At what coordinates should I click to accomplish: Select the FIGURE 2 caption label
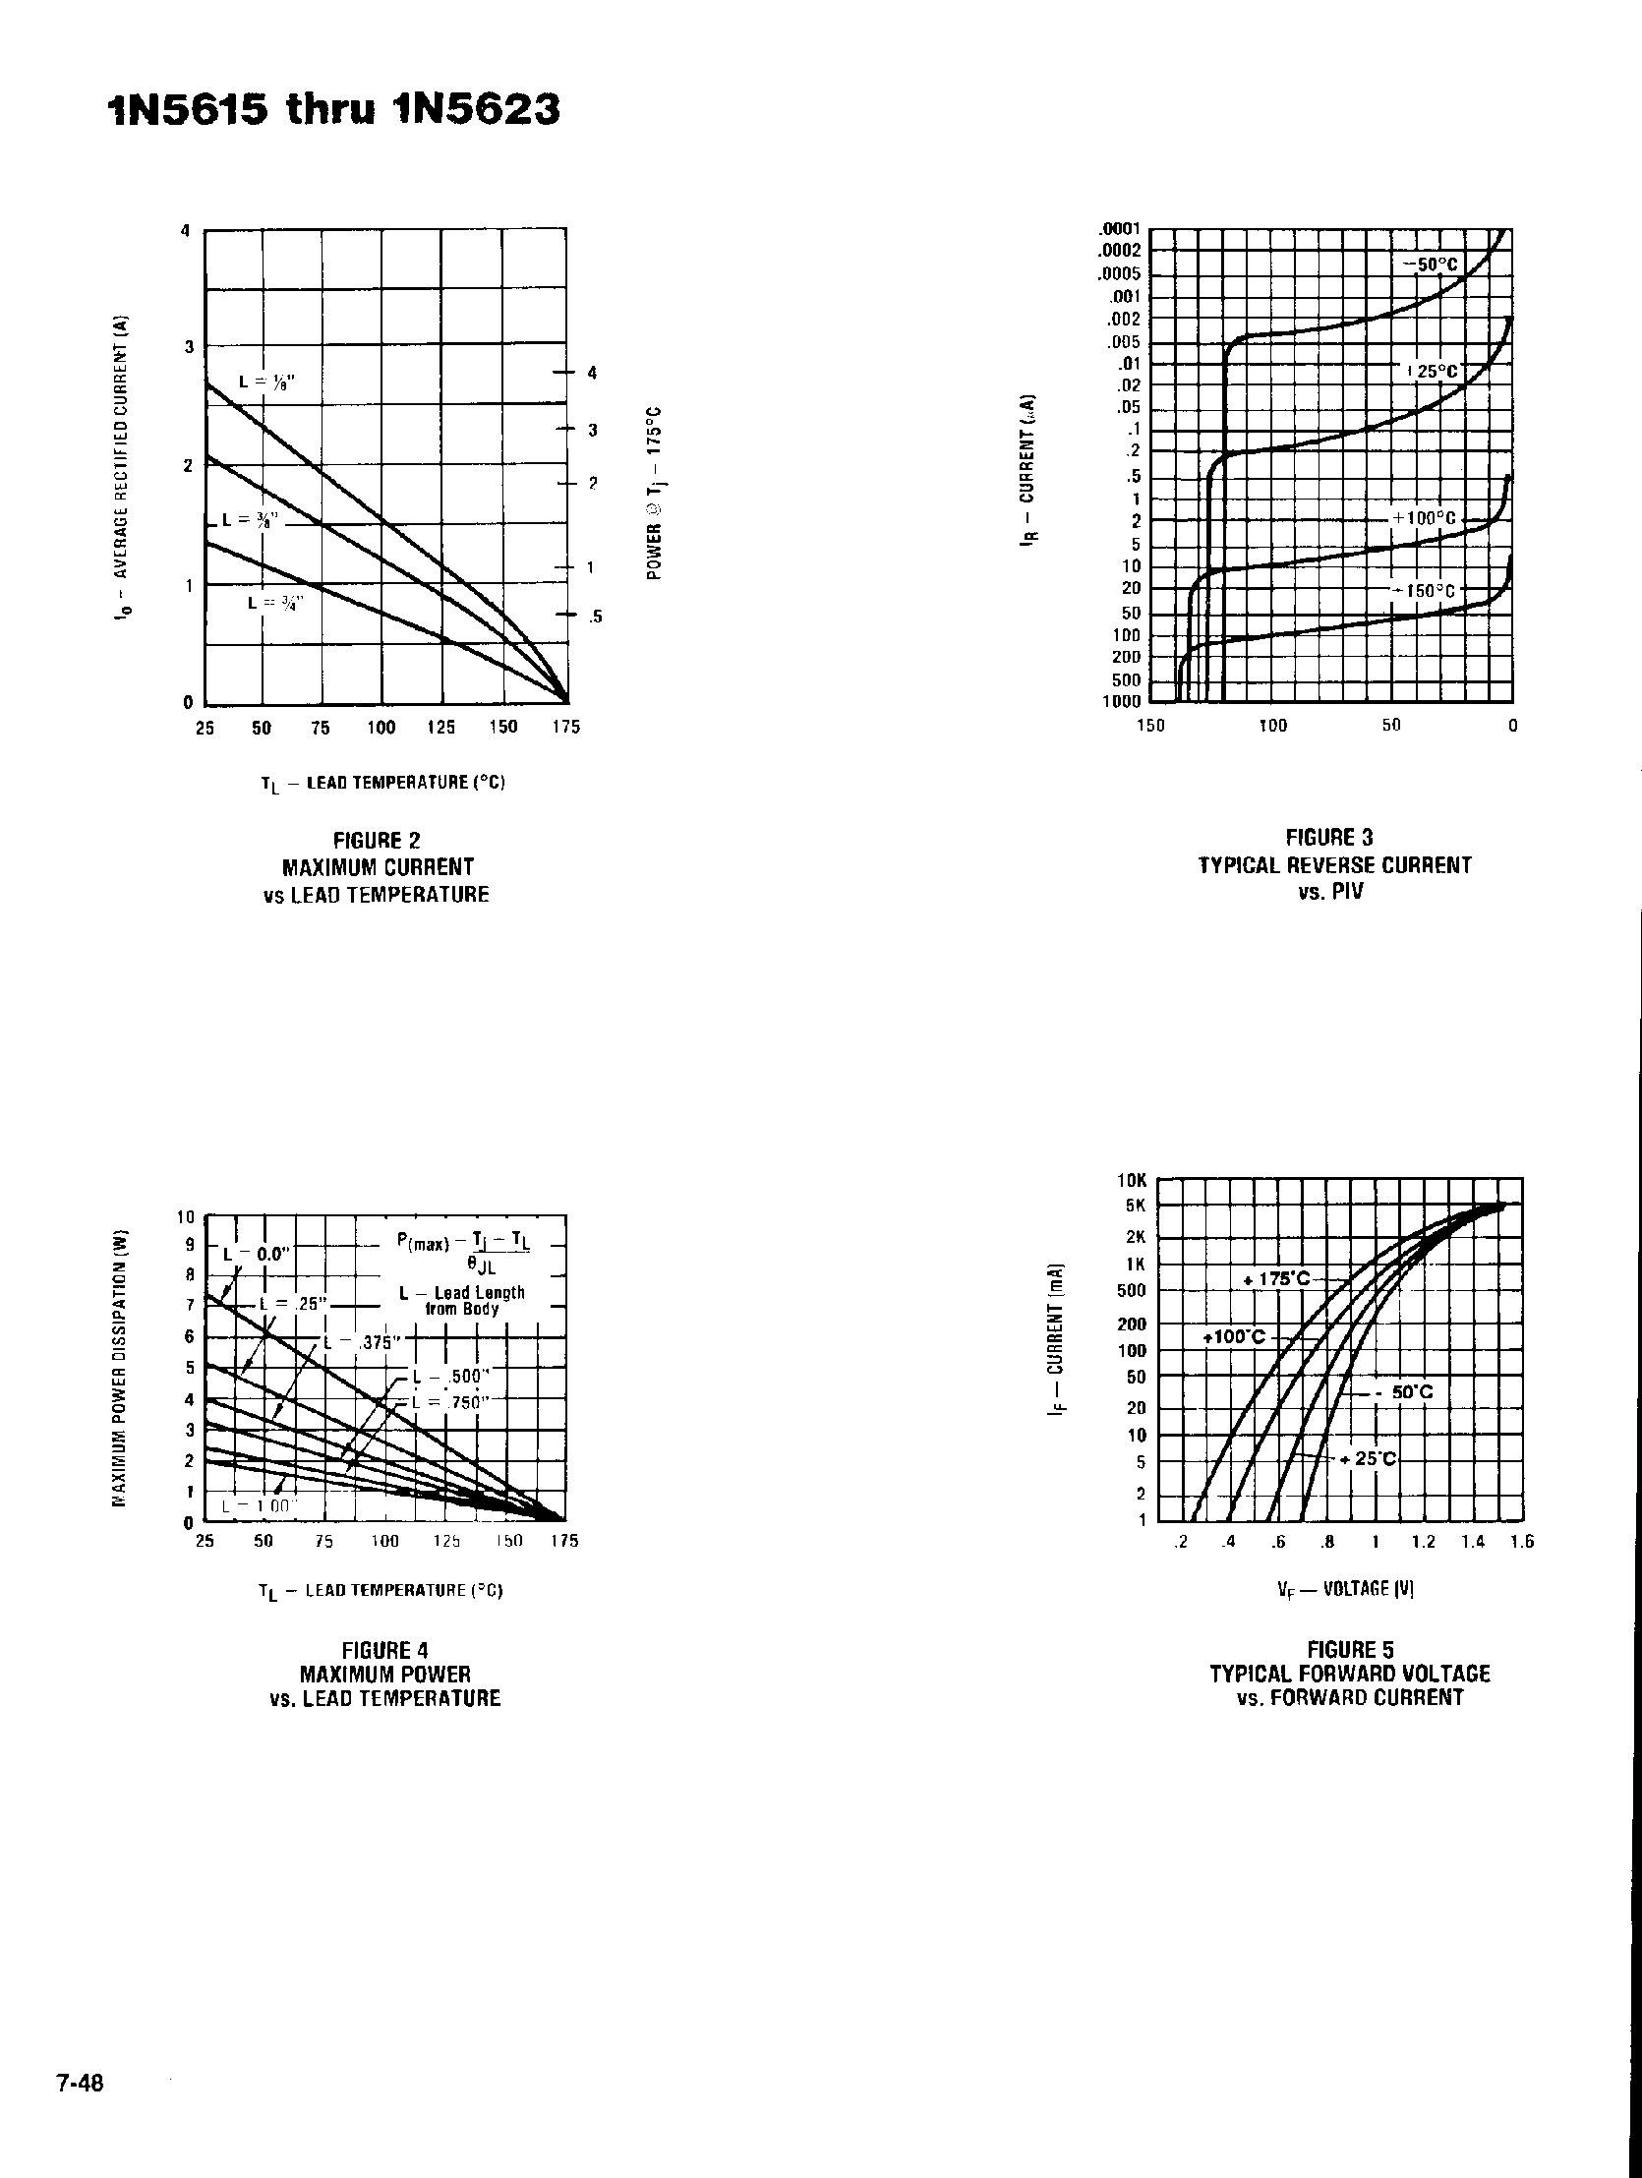click(377, 841)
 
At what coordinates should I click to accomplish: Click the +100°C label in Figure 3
click(1422, 519)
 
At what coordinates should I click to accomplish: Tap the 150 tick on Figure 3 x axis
click(1149, 726)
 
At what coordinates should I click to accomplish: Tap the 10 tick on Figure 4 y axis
click(185, 1216)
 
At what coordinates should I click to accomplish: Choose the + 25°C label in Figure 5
click(1368, 1458)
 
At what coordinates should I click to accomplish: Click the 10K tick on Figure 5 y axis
click(1132, 1180)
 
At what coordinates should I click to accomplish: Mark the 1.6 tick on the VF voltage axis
click(1522, 1542)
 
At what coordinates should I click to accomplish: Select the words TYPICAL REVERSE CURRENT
click(1334, 865)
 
